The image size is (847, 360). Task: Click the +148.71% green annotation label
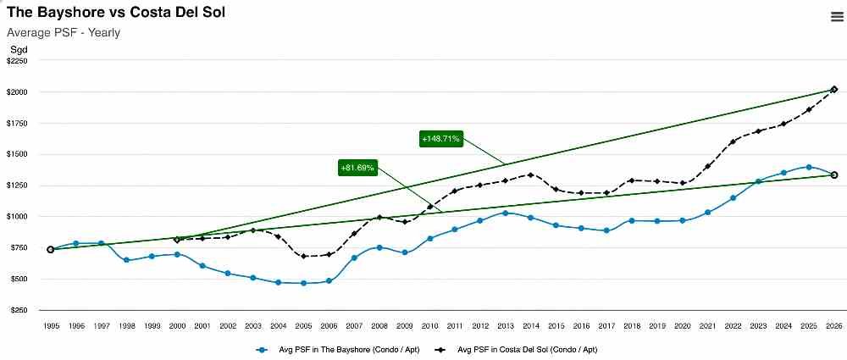[440, 138]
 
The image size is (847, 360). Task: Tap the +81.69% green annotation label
[357, 168]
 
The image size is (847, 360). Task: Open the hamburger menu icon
[836, 16]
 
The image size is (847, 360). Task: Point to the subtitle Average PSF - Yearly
[64, 33]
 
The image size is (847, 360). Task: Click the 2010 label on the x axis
[429, 325]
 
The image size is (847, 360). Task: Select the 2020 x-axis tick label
[683, 325]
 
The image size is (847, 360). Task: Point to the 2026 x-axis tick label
[834, 325]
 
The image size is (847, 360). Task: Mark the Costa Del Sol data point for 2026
[834, 90]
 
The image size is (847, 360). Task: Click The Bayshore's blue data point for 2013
[505, 213]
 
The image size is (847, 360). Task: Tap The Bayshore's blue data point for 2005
[303, 283]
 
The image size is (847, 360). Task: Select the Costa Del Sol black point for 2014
[530, 175]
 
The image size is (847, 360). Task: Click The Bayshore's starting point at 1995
[51, 249]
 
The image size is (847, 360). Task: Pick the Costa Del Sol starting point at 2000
[177, 240]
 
